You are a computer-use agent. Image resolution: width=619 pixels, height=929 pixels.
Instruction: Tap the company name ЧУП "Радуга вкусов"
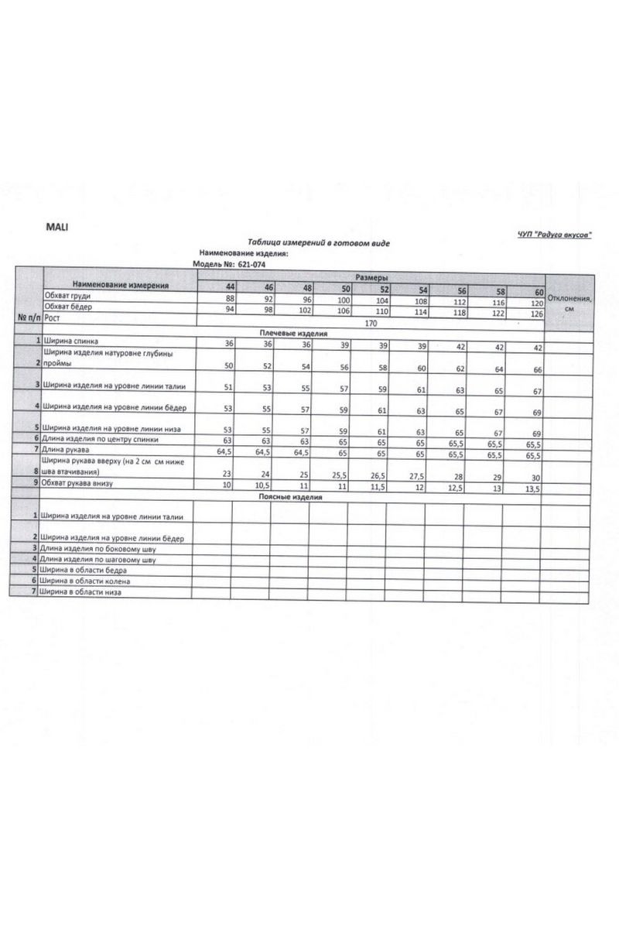[555, 235]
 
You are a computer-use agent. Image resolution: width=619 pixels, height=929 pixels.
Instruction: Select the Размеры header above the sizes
[371, 277]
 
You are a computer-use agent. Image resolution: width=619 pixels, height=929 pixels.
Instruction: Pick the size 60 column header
[539, 292]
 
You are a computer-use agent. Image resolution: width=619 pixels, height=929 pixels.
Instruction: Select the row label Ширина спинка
[70, 341]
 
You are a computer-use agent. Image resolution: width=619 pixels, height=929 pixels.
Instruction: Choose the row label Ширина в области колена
[86, 580]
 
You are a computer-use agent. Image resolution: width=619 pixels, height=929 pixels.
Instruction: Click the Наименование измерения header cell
[120, 284]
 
